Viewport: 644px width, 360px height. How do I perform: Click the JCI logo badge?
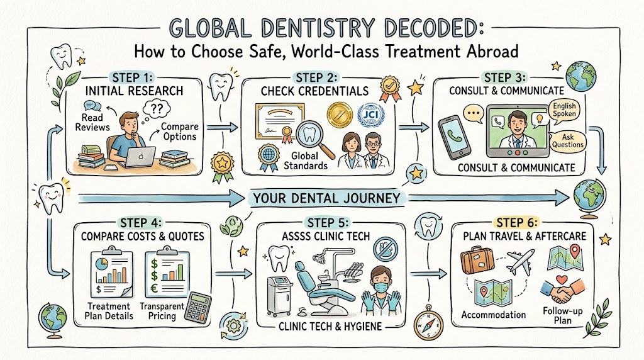[371, 115]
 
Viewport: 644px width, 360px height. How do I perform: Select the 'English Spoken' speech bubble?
[564, 110]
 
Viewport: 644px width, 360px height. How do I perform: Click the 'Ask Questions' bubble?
[568, 141]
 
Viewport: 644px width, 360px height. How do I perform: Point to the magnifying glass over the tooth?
[316, 140]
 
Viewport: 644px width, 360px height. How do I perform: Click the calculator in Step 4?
[197, 307]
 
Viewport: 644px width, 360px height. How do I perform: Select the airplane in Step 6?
[520, 261]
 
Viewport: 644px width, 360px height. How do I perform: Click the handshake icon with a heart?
[562, 287]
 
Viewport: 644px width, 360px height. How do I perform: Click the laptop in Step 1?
[140, 157]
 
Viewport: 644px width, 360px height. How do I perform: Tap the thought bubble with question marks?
[155, 110]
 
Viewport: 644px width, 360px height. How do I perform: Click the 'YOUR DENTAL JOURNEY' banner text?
[326, 198]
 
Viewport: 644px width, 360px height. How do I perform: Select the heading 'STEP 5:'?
[328, 223]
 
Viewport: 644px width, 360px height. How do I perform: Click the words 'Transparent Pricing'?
[162, 311]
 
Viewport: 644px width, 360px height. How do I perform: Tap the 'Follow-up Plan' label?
[563, 315]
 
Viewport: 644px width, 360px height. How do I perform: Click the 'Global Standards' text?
[305, 160]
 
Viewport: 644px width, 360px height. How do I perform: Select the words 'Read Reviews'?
[92, 123]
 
